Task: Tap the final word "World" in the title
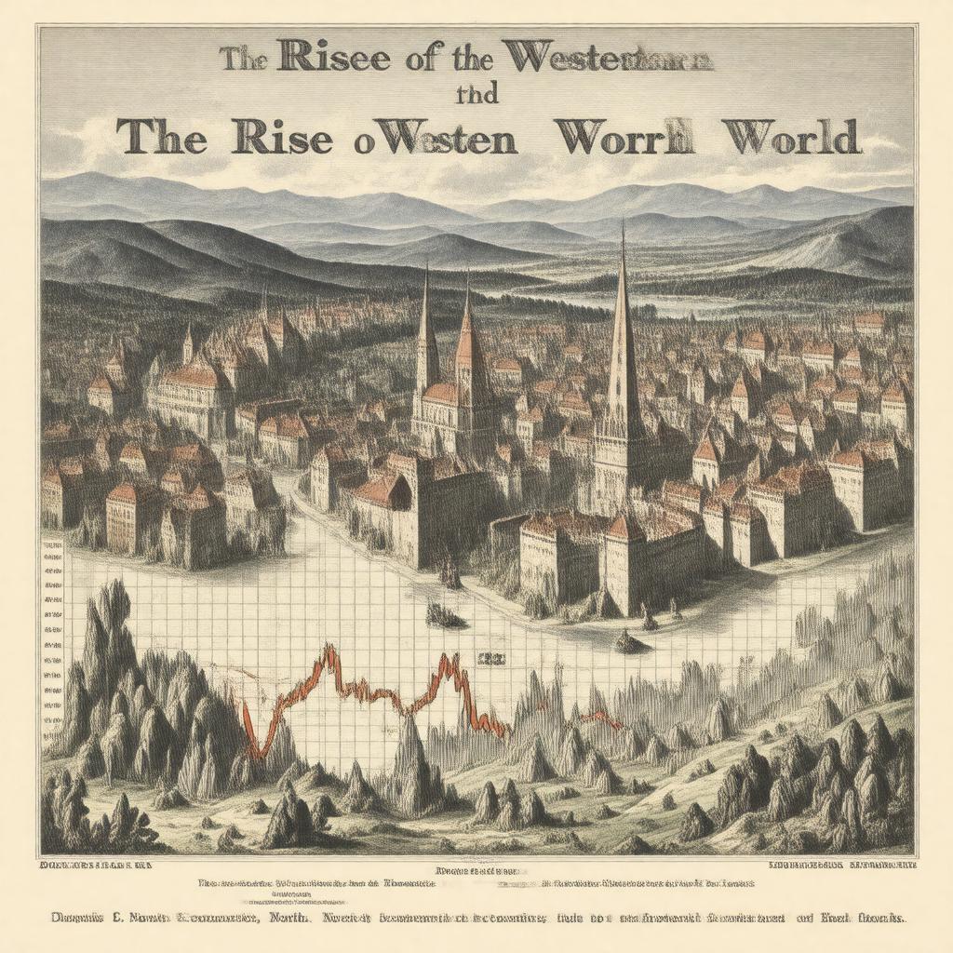[x=790, y=137]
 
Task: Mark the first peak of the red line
[x=327, y=650]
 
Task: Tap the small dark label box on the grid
[x=490, y=658]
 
